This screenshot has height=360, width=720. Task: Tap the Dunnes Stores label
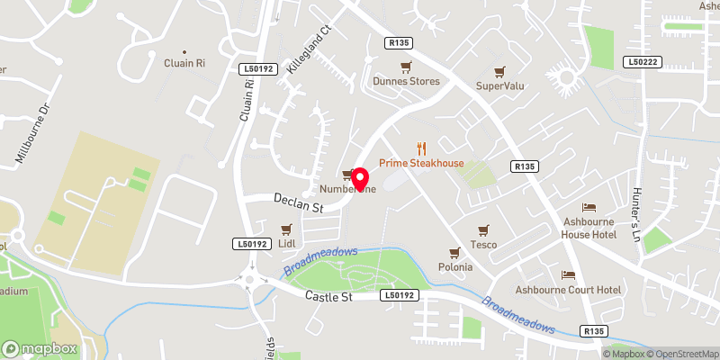[x=407, y=81]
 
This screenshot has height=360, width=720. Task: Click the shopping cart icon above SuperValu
[x=499, y=69]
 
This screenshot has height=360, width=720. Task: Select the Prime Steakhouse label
[x=420, y=163]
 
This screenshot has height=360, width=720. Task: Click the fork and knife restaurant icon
[x=421, y=148]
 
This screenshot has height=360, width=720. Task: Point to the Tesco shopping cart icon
[x=482, y=229]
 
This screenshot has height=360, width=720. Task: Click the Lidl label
[x=287, y=244]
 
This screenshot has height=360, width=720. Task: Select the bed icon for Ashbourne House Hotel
[x=589, y=208]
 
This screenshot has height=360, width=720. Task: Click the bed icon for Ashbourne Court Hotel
[x=568, y=275]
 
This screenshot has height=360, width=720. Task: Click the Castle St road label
[x=325, y=296]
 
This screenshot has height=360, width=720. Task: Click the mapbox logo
[x=38, y=347]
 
